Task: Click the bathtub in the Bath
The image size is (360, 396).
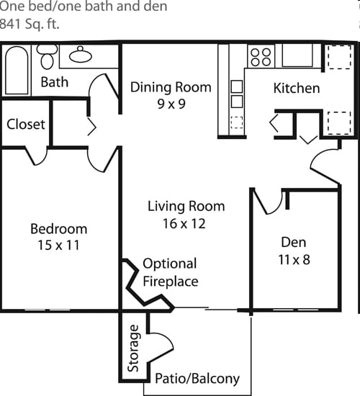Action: [x=17, y=71]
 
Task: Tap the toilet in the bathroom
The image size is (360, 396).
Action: [x=47, y=57]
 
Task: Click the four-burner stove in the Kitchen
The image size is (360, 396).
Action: [x=261, y=57]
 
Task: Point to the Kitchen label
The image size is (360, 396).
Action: [x=297, y=88]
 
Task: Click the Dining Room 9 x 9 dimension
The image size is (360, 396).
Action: [x=171, y=104]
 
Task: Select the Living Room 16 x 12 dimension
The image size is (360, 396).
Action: [x=184, y=224]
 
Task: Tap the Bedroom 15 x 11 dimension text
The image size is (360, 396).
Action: [x=58, y=245]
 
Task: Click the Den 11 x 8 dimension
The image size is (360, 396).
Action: [x=294, y=260]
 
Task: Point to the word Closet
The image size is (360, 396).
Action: [x=26, y=125]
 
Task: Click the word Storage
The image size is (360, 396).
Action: [x=133, y=348]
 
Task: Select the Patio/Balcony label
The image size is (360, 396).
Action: [x=197, y=379]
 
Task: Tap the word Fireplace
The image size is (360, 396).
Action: [x=171, y=282]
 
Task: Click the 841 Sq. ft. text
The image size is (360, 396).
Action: [x=30, y=24]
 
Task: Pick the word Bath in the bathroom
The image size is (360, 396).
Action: [x=55, y=82]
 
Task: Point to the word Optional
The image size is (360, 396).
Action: [x=170, y=264]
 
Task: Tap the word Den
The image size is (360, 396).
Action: [x=294, y=242]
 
